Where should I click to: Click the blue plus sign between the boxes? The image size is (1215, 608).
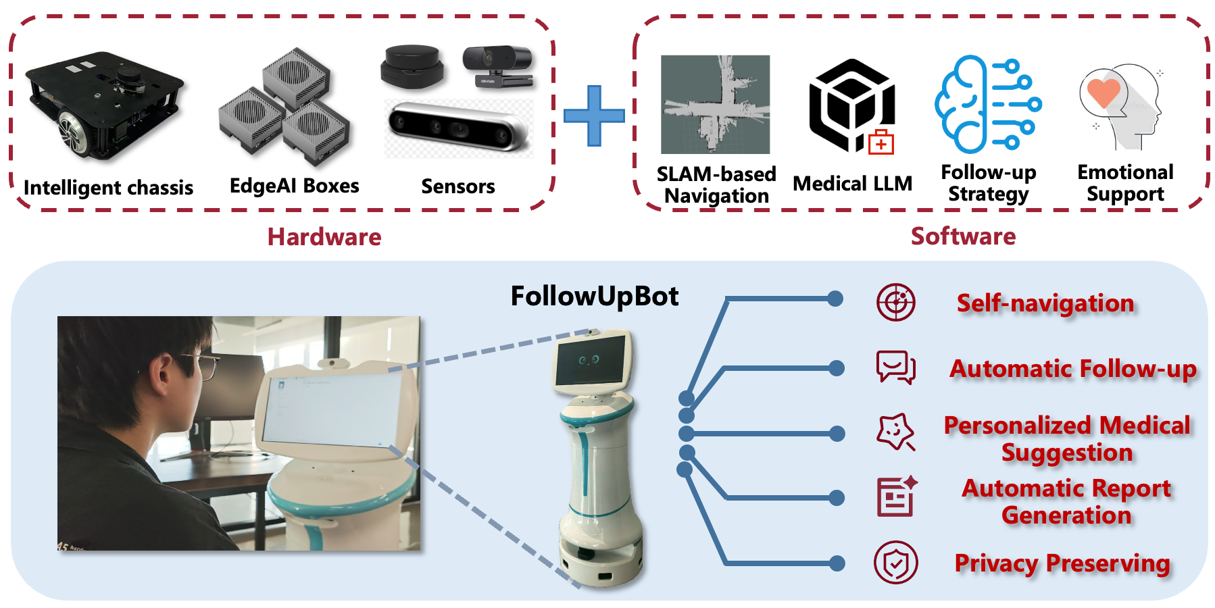[x=594, y=116]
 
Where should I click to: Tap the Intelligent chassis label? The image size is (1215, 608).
[x=108, y=187]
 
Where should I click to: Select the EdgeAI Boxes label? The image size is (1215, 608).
[x=294, y=186]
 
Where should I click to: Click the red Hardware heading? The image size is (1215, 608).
[x=324, y=237]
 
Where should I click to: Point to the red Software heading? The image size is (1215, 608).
[x=963, y=236]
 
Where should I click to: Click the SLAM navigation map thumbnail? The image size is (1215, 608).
[x=715, y=104]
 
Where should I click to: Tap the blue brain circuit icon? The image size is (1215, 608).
[x=987, y=104]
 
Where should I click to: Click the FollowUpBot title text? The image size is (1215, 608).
[x=595, y=296]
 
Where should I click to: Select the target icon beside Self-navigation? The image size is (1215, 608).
[x=896, y=302]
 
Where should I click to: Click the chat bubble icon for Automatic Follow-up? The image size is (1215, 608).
[x=896, y=368]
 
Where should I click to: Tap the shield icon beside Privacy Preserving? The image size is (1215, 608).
[x=896, y=563]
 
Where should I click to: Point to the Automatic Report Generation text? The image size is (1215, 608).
[x=1066, y=501]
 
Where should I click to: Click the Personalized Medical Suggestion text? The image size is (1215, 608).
[x=1067, y=438]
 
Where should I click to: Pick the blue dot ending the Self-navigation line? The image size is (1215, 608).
[x=835, y=299]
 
